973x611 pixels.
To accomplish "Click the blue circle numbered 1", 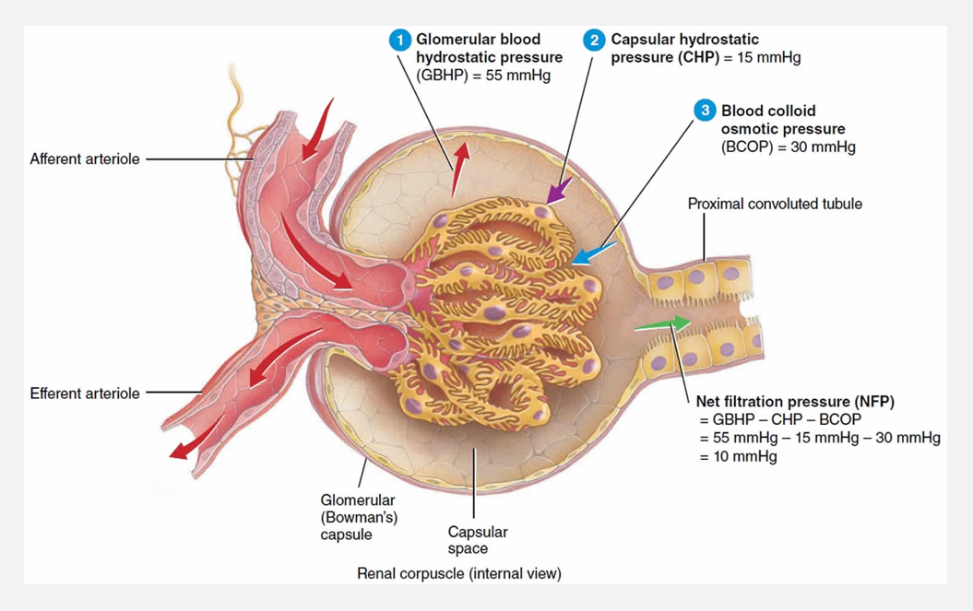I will [x=398, y=40].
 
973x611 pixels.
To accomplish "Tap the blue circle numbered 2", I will [x=594, y=40].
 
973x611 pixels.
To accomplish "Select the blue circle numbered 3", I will [x=705, y=111].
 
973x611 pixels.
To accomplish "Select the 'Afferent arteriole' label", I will [x=85, y=159].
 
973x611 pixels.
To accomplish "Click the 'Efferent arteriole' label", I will [x=85, y=394].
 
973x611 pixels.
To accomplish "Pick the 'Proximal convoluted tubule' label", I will [x=775, y=204].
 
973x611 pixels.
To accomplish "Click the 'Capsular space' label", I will [x=477, y=540].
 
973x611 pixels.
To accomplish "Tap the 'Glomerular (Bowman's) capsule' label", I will [x=359, y=517].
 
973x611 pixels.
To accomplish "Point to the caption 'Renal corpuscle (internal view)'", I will [x=458, y=574].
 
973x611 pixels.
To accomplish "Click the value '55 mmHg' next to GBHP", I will [x=518, y=76].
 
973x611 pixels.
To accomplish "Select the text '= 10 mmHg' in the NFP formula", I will [x=738, y=456].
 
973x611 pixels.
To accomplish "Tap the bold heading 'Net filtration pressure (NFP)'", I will [x=794, y=402].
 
